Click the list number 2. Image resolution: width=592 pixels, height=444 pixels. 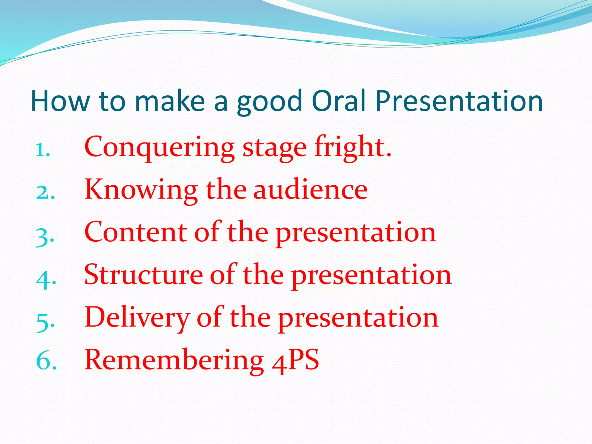click(45, 192)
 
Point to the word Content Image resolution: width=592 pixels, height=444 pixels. click(136, 232)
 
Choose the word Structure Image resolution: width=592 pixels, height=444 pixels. click(143, 275)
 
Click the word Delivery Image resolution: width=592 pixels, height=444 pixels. click(137, 318)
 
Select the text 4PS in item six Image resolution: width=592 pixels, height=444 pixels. click(295, 360)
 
